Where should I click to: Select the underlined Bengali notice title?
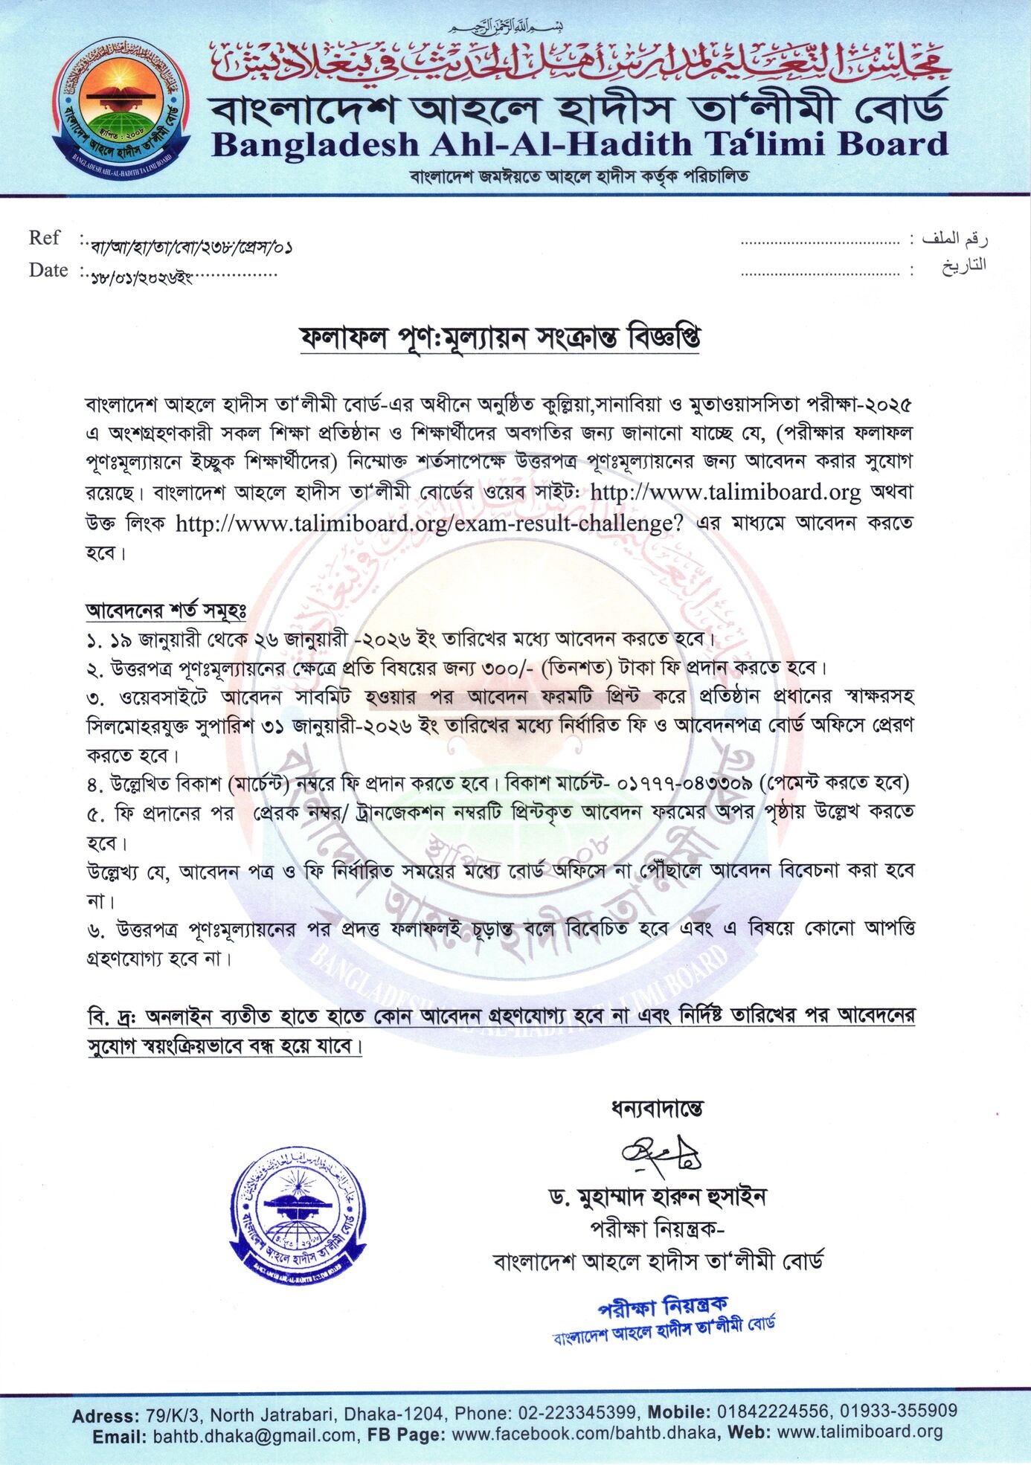point(499,338)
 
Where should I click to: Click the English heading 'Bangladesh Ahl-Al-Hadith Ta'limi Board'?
point(579,144)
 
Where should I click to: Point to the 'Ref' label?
point(44,238)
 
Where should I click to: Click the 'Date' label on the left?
point(48,270)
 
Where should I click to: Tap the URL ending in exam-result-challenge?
point(429,524)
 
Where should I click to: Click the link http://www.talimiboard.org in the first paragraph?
point(725,492)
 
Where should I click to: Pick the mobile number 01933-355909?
point(899,1411)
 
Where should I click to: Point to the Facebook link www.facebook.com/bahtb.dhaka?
point(584,1434)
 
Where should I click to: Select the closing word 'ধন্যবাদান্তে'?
point(657,1109)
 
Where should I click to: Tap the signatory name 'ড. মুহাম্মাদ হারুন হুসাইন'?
point(658,1197)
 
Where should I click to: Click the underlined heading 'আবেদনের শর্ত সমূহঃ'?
point(166,611)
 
